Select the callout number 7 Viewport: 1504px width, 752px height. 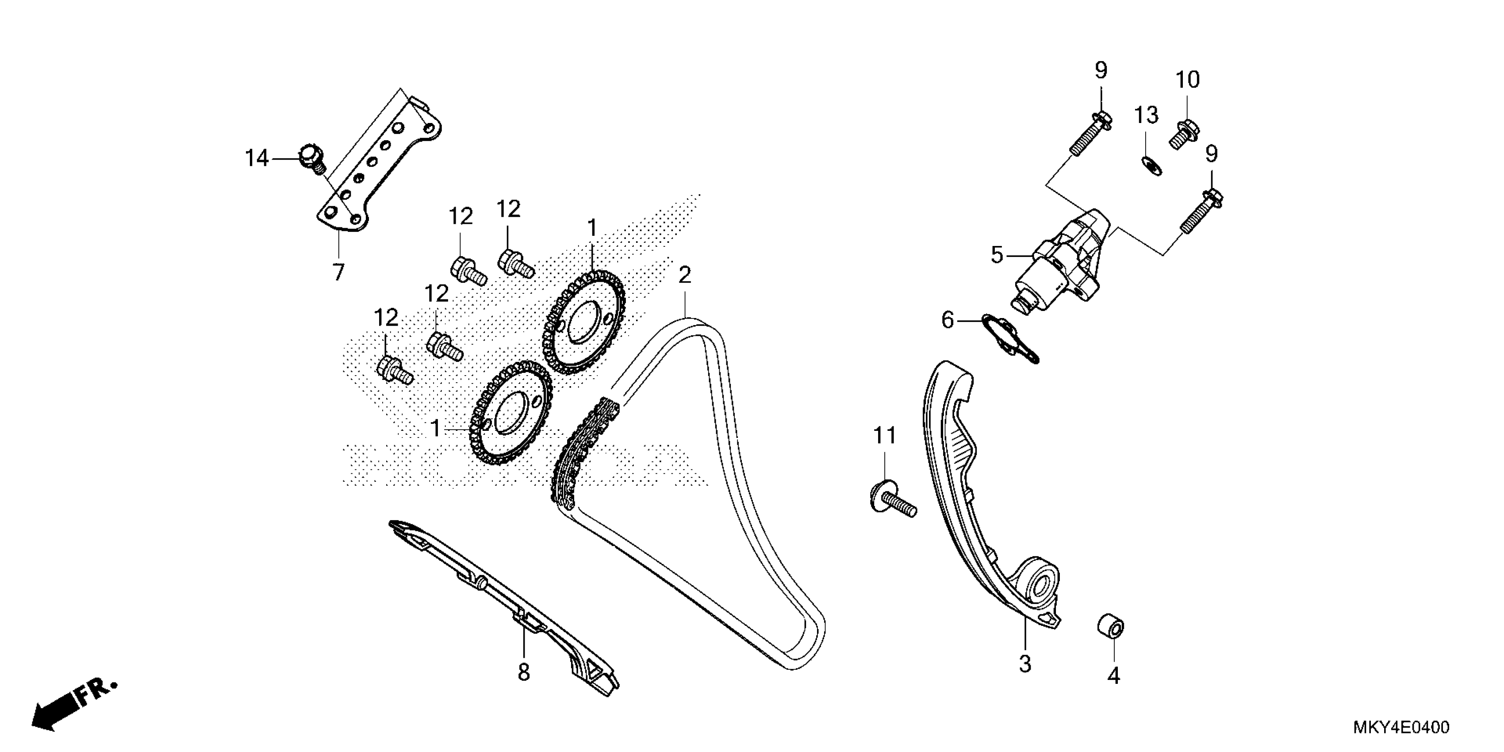tap(339, 272)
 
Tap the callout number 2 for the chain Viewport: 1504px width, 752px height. tap(684, 276)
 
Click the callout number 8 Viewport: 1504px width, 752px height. tap(524, 672)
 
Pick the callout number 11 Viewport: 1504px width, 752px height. tap(885, 436)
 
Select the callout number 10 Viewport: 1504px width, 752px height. tap(1187, 80)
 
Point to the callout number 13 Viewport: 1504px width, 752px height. tap(1146, 115)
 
